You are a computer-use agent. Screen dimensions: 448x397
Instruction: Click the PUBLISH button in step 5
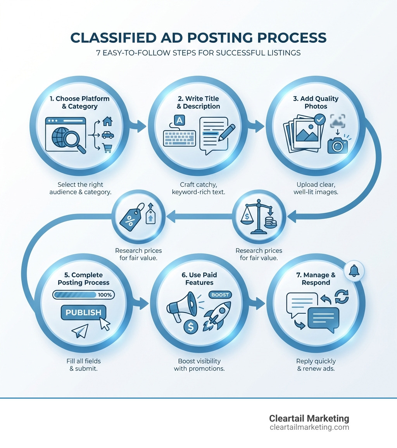(x=83, y=313)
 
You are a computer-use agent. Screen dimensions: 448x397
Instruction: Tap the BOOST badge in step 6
(x=220, y=295)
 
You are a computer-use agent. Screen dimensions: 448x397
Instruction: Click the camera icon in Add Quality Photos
(x=338, y=145)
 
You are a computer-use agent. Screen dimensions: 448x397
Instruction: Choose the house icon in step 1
(x=107, y=122)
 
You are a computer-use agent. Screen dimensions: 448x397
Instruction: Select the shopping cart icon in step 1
(x=107, y=148)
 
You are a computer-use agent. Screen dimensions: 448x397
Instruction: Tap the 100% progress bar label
(x=105, y=295)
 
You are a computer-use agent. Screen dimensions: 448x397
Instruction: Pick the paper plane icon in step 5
(x=80, y=331)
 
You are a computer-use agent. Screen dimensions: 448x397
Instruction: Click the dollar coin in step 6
(x=190, y=326)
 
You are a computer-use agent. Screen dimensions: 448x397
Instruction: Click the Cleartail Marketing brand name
(x=309, y=418)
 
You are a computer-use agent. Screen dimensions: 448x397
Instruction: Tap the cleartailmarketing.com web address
(x=309, y=427)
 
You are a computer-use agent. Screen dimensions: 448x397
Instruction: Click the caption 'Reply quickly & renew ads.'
(x=316, y=365)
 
